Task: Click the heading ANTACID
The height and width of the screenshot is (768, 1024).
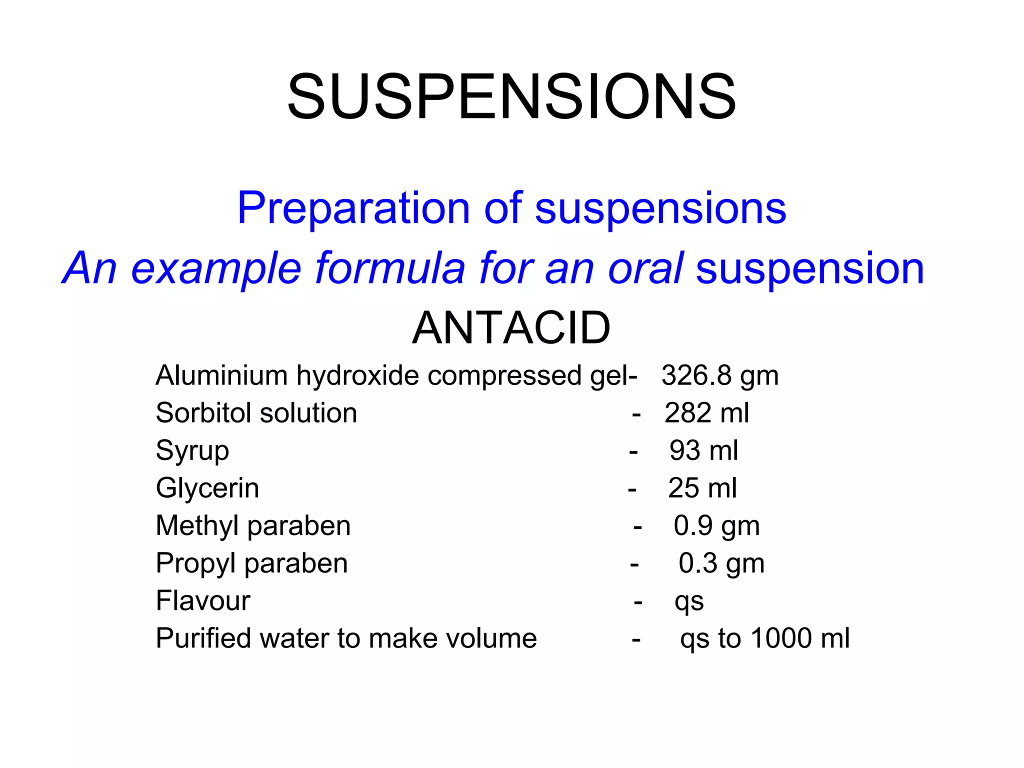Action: [511, 328]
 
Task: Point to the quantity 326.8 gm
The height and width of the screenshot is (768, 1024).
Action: [719, 375]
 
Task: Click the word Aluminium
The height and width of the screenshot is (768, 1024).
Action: [221, 375]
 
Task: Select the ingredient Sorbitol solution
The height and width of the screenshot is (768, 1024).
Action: [256, 413]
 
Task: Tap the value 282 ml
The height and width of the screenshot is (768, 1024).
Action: [706, 413]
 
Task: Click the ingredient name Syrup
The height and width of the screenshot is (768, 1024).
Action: [192, 451]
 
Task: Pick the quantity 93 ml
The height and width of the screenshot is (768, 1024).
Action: [703, 450]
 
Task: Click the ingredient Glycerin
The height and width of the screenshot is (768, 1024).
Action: [207, 488]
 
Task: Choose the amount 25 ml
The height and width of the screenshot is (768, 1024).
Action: [702, 488]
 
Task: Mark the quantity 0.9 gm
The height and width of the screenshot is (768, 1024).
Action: [716, 526]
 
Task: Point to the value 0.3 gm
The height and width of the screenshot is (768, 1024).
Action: [721, 563]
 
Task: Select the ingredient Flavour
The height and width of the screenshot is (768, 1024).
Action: [202, 600]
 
